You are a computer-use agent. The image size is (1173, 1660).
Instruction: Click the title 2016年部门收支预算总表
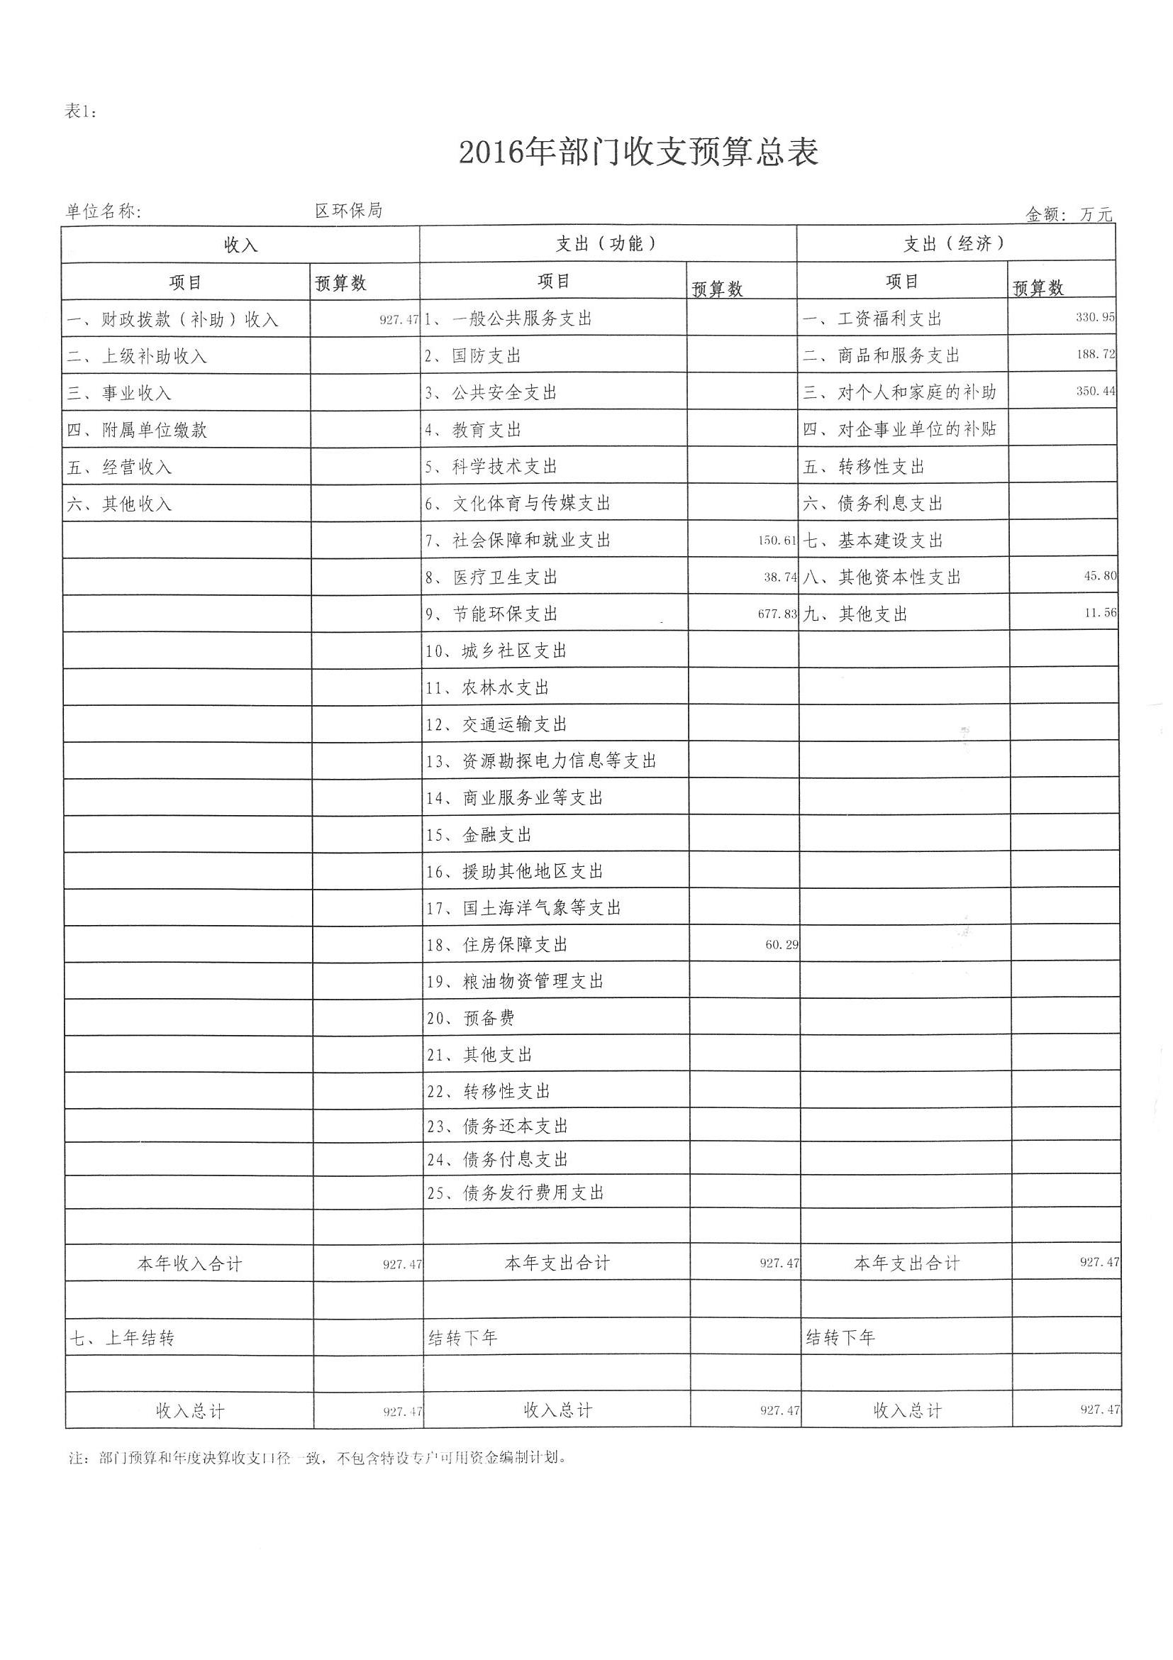tap(639, 153)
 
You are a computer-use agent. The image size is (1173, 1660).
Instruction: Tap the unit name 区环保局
tap(348, 211)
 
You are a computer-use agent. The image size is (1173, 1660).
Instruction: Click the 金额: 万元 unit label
tap(1069, 214)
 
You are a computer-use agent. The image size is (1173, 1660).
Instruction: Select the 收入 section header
tap(240, 245)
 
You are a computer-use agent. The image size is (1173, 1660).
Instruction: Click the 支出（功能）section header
tap(607, 243)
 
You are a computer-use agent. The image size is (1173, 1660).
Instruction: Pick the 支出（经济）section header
tap(955, 243)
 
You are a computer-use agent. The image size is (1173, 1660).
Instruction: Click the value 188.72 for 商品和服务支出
tap(1096, 354)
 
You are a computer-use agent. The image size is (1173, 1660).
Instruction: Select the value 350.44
tap(1096, 391)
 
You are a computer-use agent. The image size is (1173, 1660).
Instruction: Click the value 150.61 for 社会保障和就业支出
tap(778, 540)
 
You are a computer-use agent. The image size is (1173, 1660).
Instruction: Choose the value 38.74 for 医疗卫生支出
tap(781, 577)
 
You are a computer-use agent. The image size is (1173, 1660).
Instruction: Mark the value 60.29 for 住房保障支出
tap(782, 944)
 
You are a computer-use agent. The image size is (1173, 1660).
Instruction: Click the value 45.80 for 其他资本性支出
tap(1100, 576)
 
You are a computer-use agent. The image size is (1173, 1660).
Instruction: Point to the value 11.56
tap(1101, 612)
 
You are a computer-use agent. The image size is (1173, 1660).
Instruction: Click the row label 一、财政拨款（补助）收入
tap(173, 319)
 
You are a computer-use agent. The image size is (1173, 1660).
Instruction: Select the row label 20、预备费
tap(470, 1018)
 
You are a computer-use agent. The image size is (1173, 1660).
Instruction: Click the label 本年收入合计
tap(189, 1263)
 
